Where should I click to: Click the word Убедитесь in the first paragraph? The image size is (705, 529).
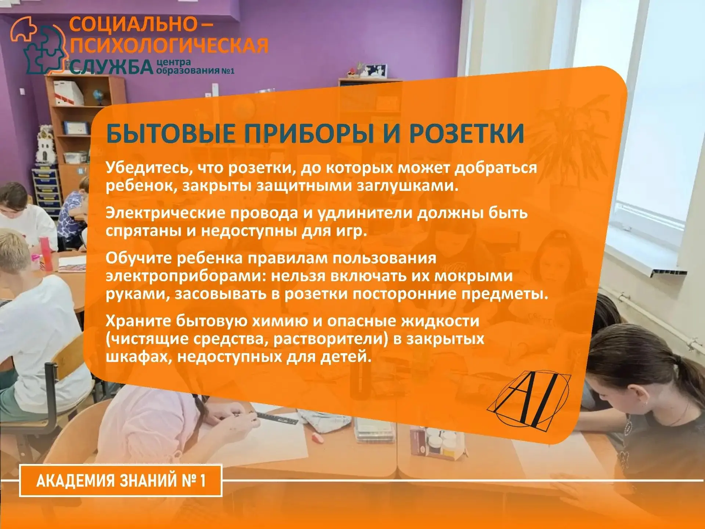(x=149, y=168)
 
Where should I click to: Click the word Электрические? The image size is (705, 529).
(x=164, y=213)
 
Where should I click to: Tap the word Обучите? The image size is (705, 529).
(x=139, y=258)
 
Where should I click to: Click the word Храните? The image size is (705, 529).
(x=138, y=321)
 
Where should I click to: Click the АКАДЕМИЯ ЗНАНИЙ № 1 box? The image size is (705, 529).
(x=121, y=481)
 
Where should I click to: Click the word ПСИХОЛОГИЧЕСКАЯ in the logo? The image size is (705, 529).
(x=169, y=46)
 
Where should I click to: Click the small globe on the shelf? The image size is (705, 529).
(x=98, y=97)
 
